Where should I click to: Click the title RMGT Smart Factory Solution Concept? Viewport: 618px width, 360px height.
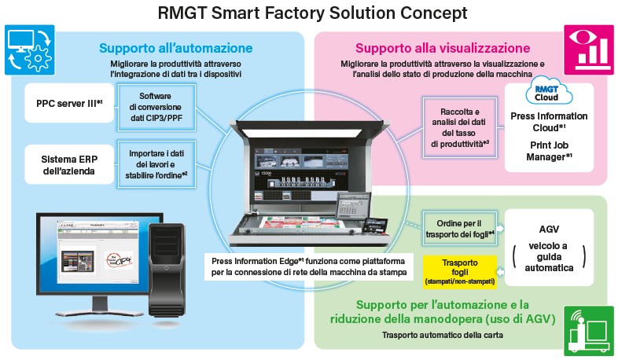(x=309, y=13)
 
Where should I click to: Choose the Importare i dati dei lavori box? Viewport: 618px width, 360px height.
(x=155, y=163)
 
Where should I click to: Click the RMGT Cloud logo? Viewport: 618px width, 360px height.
(x=547, y=91)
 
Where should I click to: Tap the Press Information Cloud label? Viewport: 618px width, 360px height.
(x=548, y=121)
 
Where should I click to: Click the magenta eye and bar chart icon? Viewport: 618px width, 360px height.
(x=589, y=47)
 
